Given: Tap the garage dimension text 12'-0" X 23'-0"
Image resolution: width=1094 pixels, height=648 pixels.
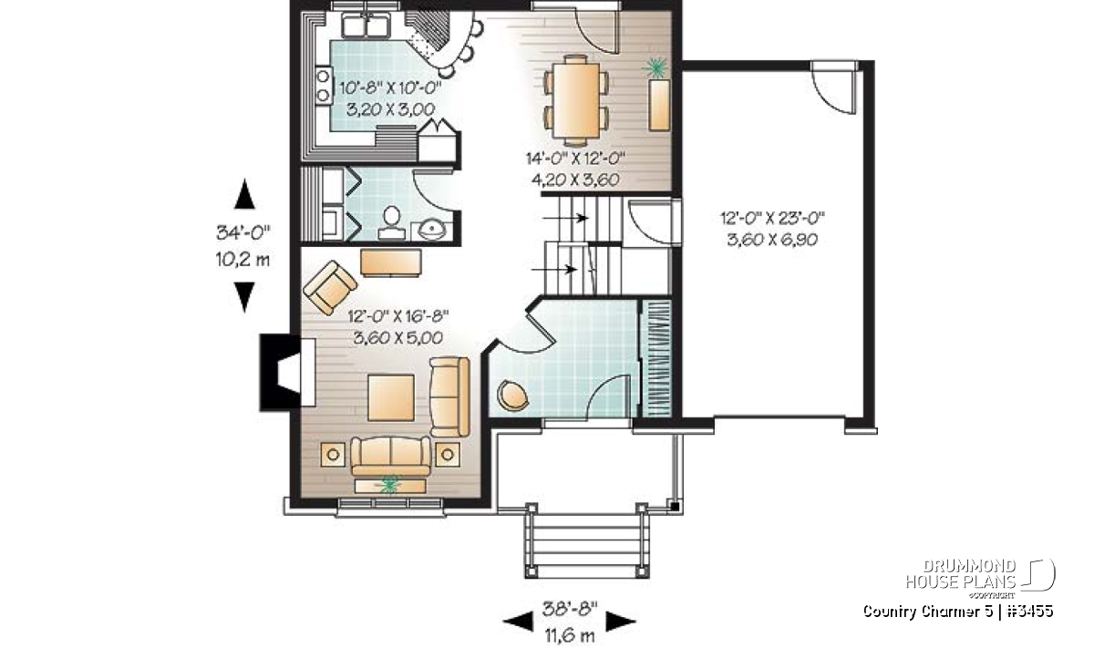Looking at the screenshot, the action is coord(773,217).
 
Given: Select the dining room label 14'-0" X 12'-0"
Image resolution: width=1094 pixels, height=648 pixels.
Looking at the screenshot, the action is coord(576,159).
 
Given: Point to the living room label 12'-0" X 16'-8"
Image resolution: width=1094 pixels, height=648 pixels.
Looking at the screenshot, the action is coord(398,316).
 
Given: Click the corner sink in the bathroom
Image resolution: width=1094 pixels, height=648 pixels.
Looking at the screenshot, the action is coord(432,231).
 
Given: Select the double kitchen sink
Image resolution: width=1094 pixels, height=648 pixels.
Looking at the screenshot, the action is coord(366,25).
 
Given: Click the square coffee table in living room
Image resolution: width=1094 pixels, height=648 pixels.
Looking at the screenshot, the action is coord(391,397).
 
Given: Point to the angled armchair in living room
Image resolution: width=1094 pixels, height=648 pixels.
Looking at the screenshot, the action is coord(330,288).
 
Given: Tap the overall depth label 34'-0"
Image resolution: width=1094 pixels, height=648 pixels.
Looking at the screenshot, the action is coord(243,232).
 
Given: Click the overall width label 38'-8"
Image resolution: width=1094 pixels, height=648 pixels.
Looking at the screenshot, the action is coord(570,609).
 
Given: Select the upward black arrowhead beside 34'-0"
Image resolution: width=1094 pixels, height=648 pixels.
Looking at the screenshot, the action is coord(244,194).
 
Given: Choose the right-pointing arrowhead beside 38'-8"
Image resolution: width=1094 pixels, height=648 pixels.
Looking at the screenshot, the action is coord(621,622).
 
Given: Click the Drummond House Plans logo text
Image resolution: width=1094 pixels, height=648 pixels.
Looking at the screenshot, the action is coord(961,574).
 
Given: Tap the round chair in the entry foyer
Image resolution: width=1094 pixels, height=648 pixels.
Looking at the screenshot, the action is coord(512,395).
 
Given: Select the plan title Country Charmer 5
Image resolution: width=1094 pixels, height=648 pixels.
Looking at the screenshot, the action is coord(927,611).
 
